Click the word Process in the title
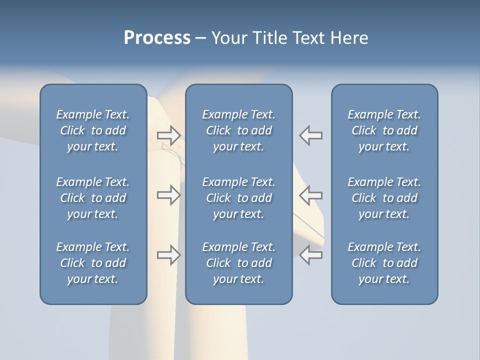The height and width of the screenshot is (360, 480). tap(157, 38)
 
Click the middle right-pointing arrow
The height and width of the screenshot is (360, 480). tap(168, 194)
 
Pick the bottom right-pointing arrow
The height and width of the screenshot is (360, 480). tap(168, 255)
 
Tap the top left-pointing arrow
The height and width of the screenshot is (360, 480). tap(311, 135)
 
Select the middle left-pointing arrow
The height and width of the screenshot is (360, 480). tap(311, 194)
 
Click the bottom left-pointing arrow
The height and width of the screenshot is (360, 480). tap(311, 255)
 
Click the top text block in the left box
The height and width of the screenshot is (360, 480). tap(93, 130)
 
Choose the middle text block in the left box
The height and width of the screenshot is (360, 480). tap(93, 198)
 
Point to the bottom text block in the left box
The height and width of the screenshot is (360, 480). tap(93, 263)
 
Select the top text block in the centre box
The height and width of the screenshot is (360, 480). tap(239, 130)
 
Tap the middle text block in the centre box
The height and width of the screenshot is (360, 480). tap(239, 198)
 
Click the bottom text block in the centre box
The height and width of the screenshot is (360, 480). tap(239, 263)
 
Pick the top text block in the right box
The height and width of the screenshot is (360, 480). tap(384, 130)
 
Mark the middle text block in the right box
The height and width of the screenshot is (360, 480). tap(384, 198)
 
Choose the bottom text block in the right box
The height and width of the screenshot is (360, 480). tap(384, 263)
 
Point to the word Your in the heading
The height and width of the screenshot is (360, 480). tap(230, 38)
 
